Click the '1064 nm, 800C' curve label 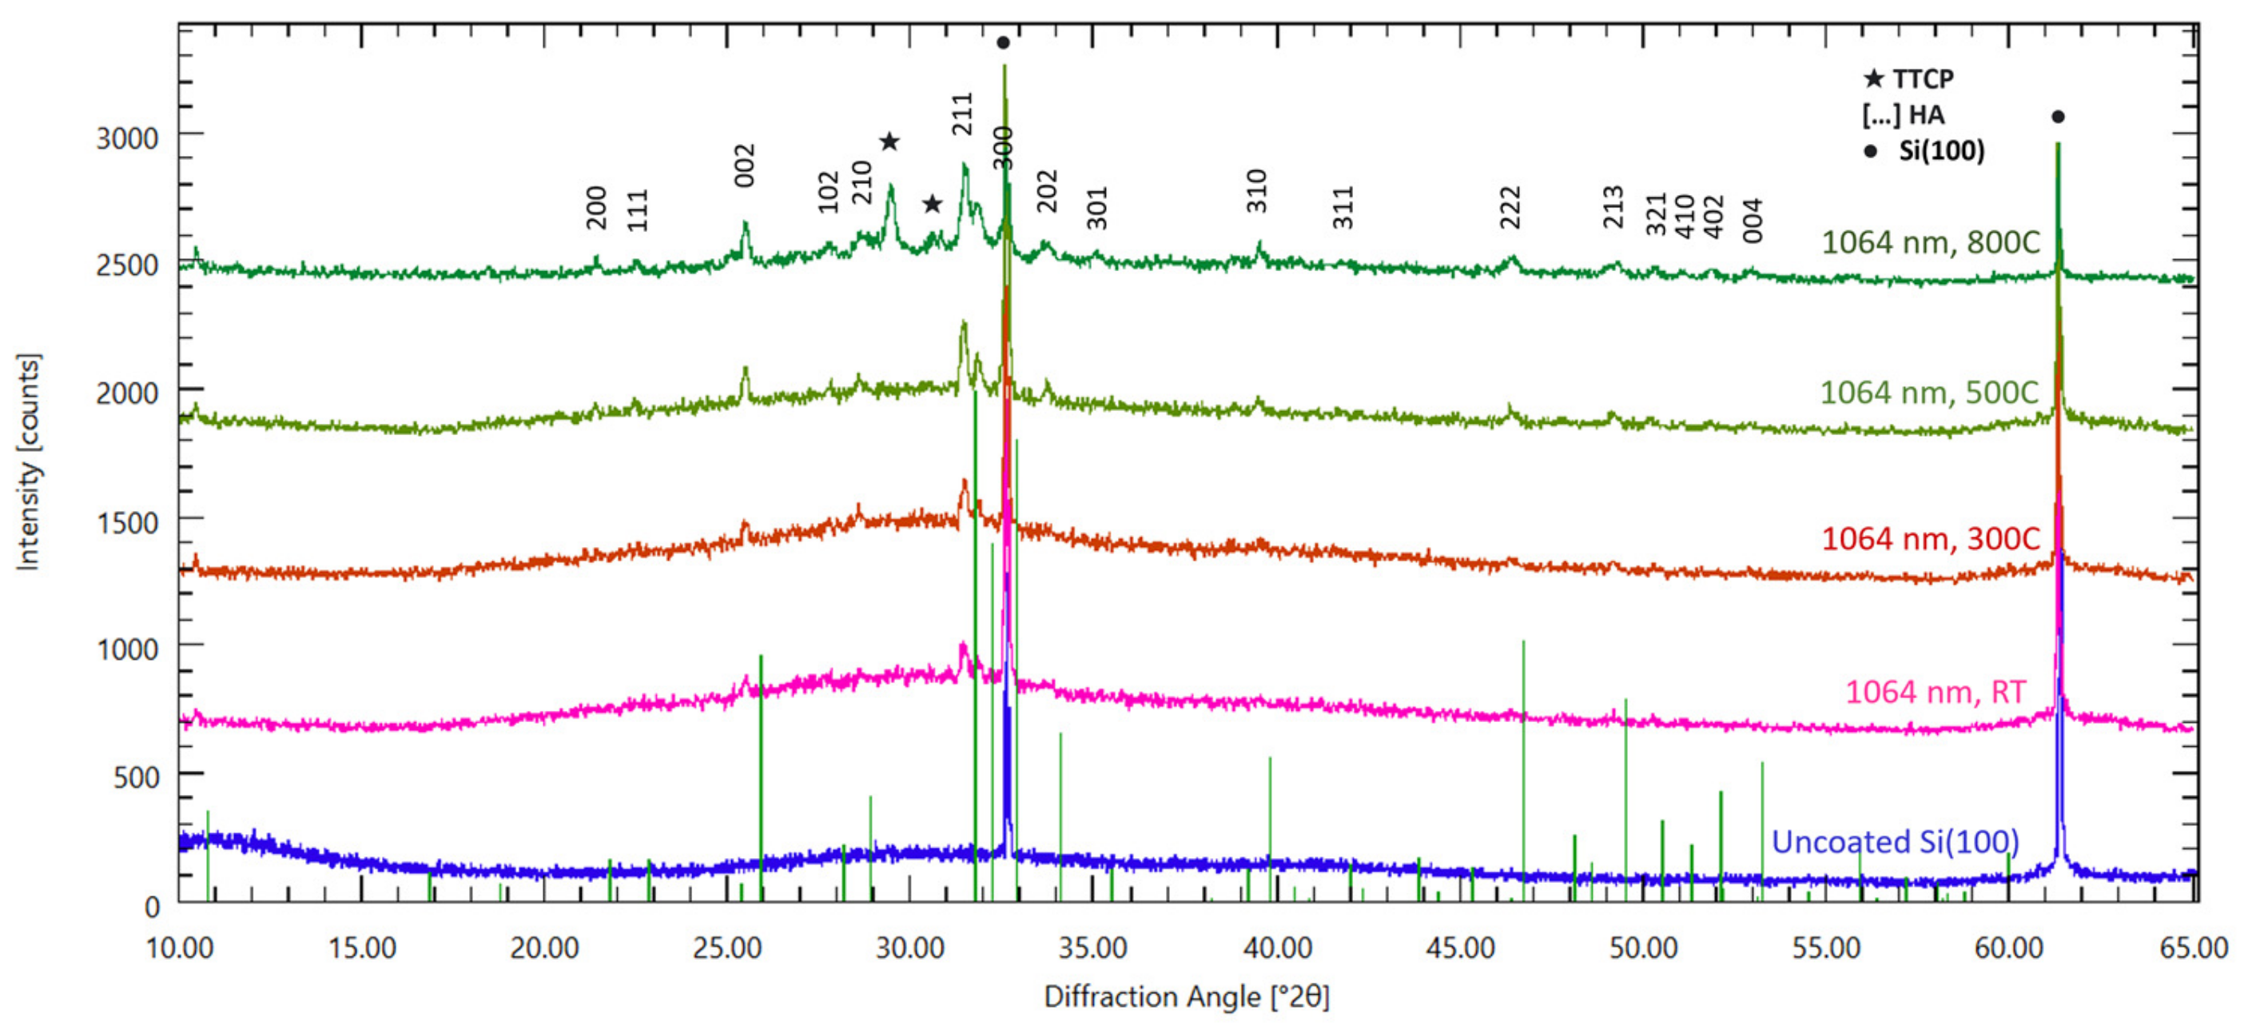[x=1931, y=242]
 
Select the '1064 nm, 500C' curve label [x=1928, y=393]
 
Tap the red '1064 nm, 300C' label [x=1931, y=540]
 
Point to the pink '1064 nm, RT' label [x=1935, y=692]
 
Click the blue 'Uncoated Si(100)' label [x=1895, y=842]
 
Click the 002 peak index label [x=745, y=166]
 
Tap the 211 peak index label [x=961, y=114]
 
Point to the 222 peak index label [x=1510, y=207]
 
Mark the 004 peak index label [x=1753, y=221]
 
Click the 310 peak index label [x=1256, y=191]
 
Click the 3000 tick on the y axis [x=127, y=138]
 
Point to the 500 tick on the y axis [x=136, y=777]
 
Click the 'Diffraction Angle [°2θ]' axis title [x=1187, y=997]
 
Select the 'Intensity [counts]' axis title [x=28, y=463]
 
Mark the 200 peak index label [x=596, y=207]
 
